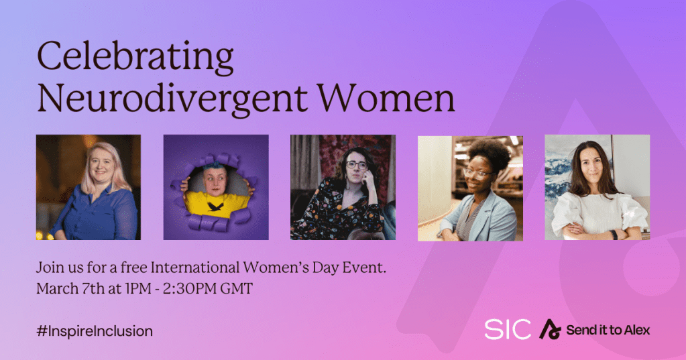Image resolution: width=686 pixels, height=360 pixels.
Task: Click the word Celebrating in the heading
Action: click(x=135, y=58)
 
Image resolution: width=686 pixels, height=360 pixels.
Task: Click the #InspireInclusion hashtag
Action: click(x=95, y=331)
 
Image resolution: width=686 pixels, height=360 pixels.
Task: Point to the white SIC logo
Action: click(x=508, y=329)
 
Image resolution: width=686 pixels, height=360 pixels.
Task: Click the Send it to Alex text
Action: click(x=608, y=330)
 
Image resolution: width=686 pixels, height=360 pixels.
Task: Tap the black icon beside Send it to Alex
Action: click(x=550, y=329)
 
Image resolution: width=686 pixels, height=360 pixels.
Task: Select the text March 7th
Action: click(x=70, y=289)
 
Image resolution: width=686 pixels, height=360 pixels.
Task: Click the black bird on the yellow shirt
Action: click(x=215, y=206)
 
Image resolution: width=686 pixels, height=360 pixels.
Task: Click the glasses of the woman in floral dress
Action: click(x=357, y=165)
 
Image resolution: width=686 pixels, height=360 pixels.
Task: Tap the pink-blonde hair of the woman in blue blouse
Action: click(x=107, y=166)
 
